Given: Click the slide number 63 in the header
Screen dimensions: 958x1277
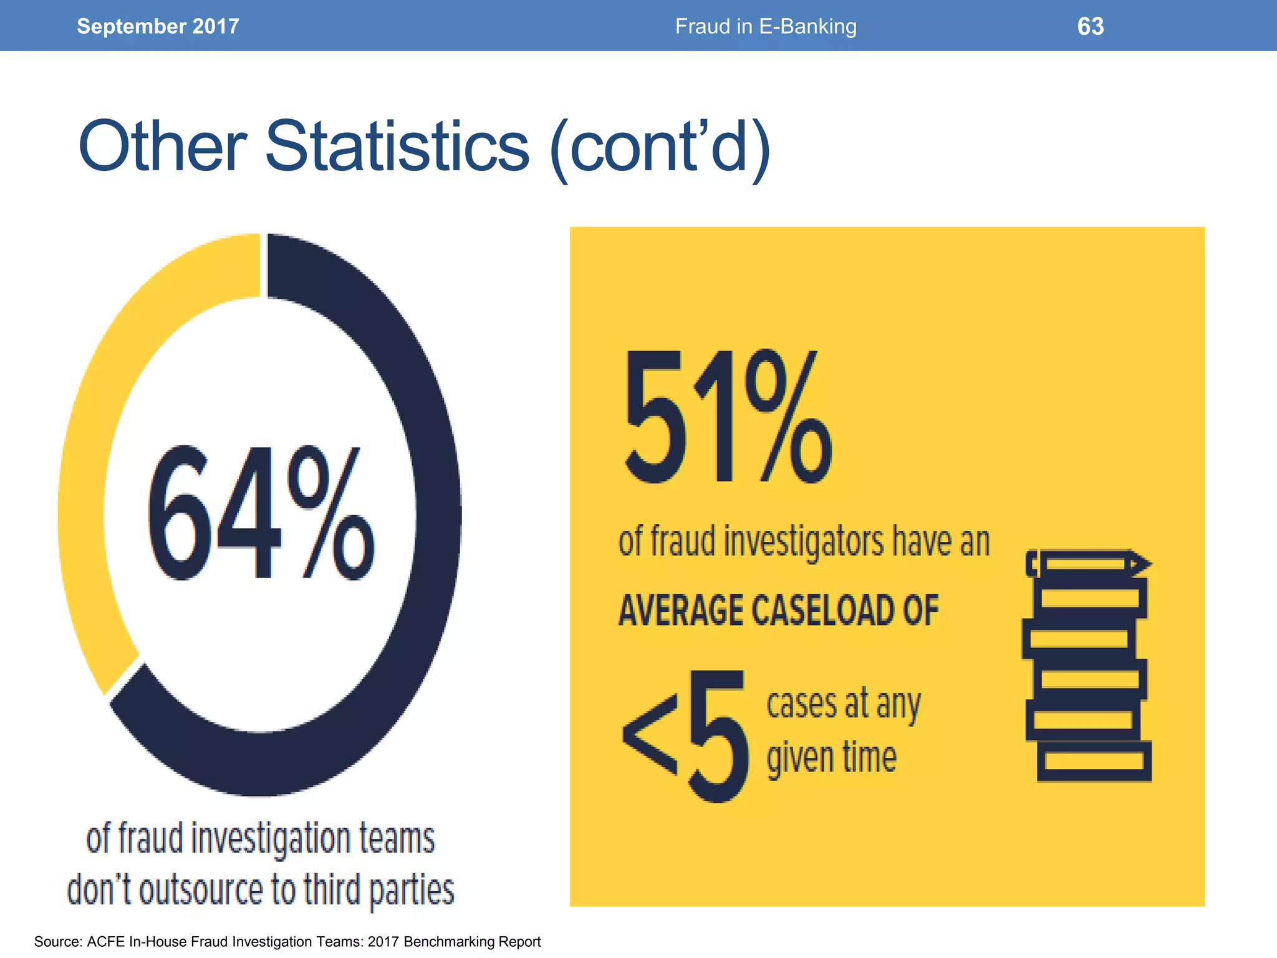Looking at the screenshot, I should coord(1090,26).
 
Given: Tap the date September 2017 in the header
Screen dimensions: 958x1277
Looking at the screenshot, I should coord(158,26).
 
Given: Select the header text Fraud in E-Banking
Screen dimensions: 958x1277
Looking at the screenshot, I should coord(766,26).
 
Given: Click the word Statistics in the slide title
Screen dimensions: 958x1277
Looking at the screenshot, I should coord(397,147).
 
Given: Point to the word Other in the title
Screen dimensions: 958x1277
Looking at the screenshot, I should coord(163,147).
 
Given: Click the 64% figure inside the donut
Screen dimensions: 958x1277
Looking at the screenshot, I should coord(261,513).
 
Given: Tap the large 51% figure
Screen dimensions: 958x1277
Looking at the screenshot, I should coord(726,417).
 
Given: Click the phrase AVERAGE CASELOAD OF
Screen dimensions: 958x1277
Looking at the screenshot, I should coord(778,610).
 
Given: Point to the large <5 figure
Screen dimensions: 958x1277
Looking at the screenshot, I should coord(686,736).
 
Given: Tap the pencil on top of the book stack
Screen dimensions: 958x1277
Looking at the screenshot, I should coord(1088,564).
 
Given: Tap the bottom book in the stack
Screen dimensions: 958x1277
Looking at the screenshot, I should coord(1094,762).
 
